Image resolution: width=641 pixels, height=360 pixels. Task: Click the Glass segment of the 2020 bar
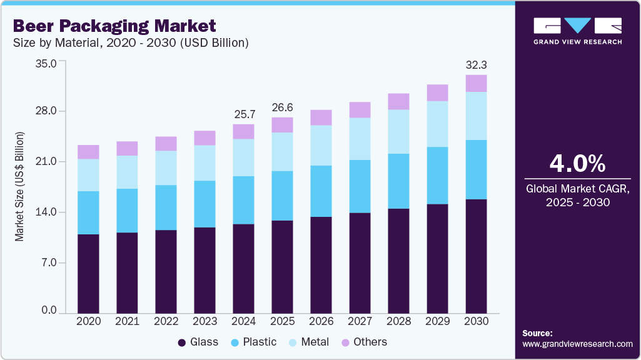88,273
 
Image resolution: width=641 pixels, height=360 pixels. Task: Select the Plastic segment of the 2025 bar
282,196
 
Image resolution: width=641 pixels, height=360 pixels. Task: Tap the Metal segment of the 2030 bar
476,116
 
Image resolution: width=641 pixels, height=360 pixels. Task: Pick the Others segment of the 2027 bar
360,110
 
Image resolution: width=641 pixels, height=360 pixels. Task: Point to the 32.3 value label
476,65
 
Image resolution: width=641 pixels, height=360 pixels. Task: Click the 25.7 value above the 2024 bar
243,114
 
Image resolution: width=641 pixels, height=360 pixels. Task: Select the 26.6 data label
282,107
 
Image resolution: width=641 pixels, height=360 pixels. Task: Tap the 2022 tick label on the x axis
166,321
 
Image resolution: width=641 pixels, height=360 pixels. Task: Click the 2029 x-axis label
437,321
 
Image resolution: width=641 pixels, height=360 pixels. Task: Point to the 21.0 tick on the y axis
48,162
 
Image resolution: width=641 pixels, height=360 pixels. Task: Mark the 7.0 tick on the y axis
50,262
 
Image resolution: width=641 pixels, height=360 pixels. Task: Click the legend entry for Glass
198,342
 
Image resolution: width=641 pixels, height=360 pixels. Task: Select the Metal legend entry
309,342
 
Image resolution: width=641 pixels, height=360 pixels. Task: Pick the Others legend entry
363,342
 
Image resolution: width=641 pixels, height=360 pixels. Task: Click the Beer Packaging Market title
114,26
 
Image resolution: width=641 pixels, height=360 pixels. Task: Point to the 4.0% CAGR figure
577,163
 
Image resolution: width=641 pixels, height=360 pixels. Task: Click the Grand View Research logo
577,31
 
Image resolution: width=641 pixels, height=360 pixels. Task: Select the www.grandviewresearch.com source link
577,344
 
